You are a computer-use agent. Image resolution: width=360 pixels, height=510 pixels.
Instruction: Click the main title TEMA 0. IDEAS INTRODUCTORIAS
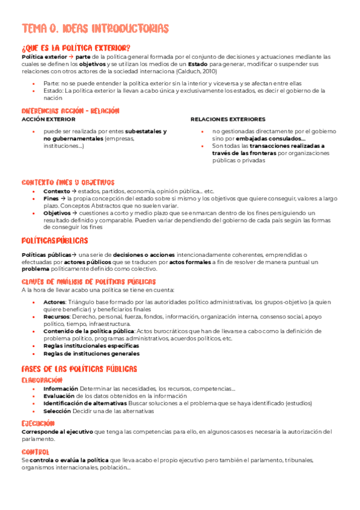(x=95, y=28)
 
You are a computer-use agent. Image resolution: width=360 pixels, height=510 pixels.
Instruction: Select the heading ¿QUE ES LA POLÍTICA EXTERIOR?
(x=76, y=48)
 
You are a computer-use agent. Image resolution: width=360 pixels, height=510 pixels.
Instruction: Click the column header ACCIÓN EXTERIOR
(x=44, y=119)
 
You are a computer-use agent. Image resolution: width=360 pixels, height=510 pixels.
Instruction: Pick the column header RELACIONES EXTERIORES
(x=228, y=119)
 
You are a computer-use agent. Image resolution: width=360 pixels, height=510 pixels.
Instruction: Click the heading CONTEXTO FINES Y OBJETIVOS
(x=68, y=182)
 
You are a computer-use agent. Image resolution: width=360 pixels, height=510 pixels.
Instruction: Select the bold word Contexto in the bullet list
(x=57, y=191)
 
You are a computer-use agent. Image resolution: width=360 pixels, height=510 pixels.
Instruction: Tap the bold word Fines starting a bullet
(x=51, y=198)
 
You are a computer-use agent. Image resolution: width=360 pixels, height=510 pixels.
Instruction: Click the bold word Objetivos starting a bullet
(x=57, y=212)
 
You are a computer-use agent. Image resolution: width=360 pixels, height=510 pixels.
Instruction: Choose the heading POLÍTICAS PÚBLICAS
(x=55, y=241)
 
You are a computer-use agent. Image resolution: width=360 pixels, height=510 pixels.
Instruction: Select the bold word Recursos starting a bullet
(x=56, y=316)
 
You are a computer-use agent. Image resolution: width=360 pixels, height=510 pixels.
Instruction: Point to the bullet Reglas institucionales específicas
(x=91, y=346)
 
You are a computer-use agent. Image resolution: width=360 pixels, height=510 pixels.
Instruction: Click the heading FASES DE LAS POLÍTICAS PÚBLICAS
(x=79, y=369)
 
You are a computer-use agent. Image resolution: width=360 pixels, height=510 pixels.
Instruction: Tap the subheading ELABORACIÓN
(x=41, y=380)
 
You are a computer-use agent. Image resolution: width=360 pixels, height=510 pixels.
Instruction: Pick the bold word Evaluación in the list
(x=59, y=396)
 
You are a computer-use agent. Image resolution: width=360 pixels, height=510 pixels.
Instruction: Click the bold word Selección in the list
(x=57, y=411)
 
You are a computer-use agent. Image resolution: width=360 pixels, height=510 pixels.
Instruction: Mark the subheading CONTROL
(x=35, y=452)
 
